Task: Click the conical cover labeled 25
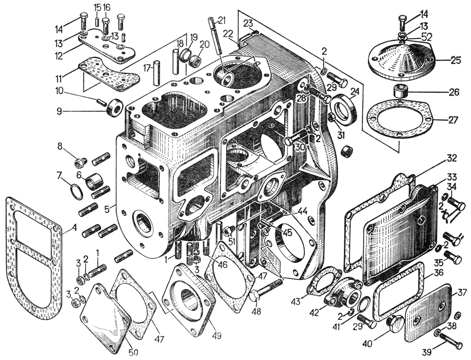click(x=400, y=58)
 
